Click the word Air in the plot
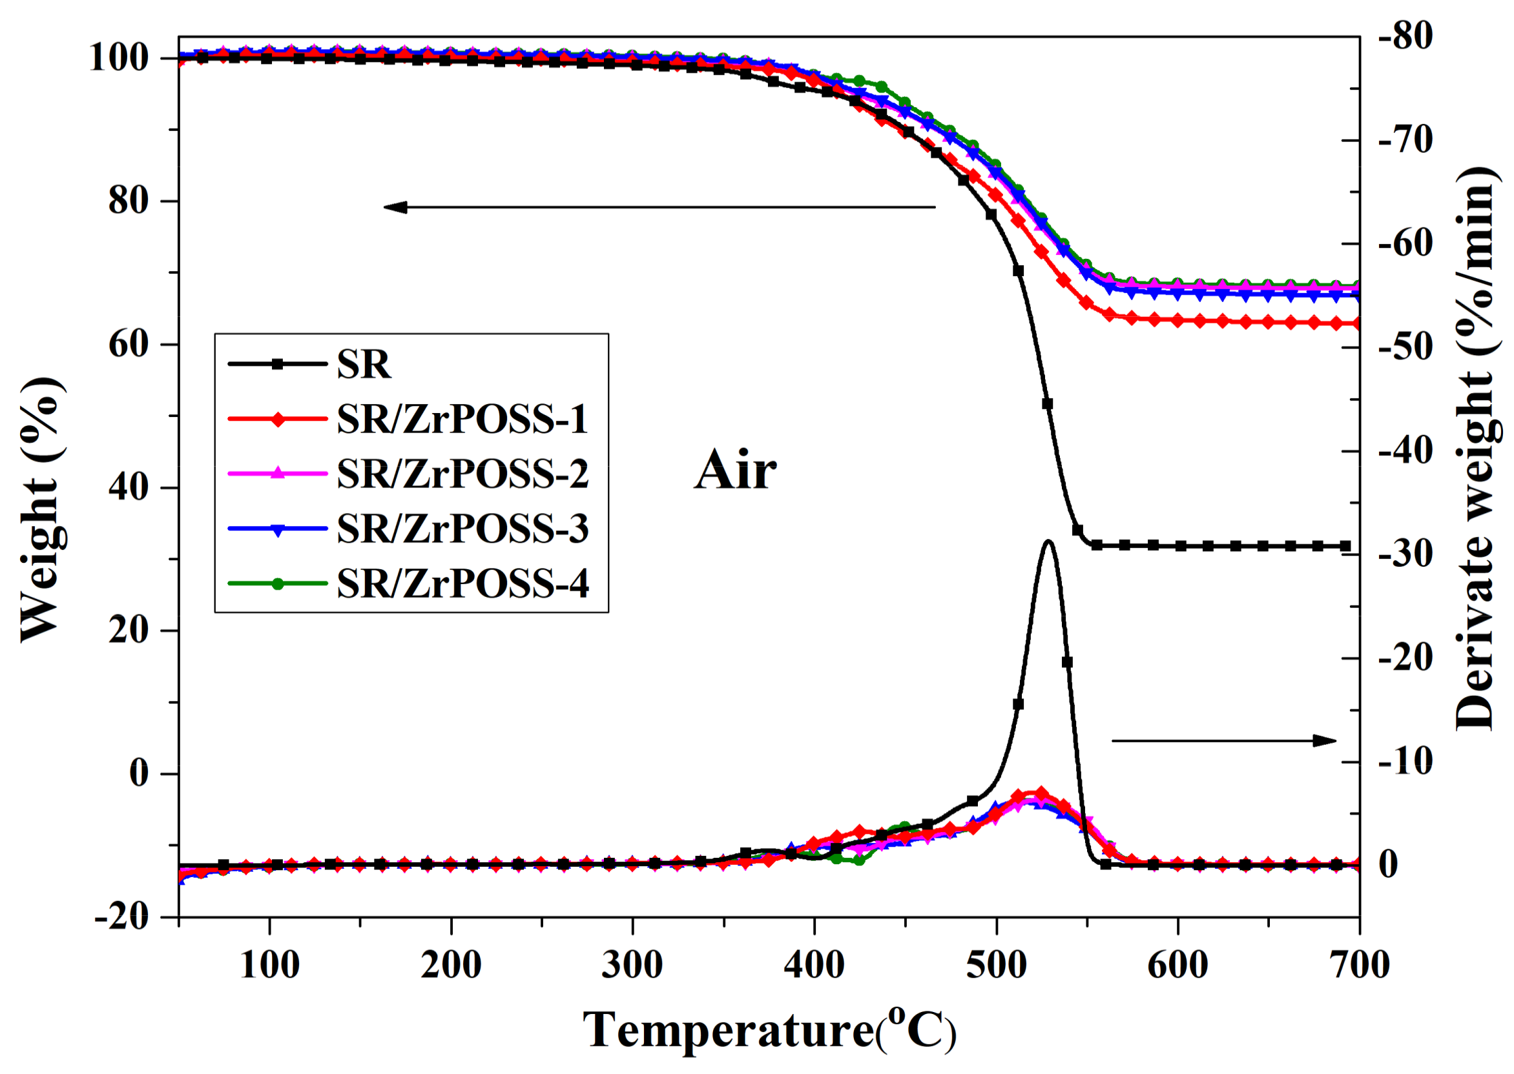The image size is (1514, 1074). (735, 471)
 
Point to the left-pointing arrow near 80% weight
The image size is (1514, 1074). (659, 208)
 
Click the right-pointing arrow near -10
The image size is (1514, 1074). (1223, 741)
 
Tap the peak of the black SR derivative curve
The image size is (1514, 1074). (1048, 542)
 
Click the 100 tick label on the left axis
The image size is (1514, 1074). (119, 58)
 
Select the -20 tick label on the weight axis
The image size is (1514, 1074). (122, 917)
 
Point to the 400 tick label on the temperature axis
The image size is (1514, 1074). (814, 965)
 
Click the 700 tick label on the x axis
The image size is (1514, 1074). (1359, 965)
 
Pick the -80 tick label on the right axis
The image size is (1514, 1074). (1405, 36)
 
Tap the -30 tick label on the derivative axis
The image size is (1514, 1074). (1405, 554)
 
